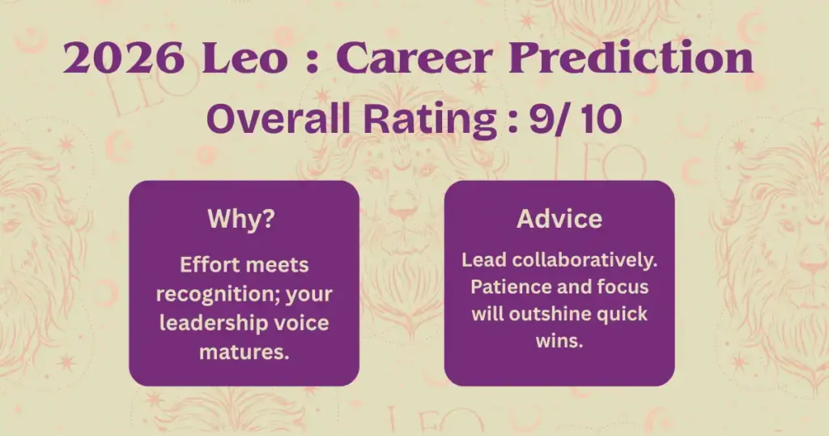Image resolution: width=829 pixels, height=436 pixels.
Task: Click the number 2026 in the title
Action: pos(124,58)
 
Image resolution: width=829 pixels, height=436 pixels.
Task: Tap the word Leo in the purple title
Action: pos(244,58)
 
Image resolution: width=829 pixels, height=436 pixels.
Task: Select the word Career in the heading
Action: pos(414,58)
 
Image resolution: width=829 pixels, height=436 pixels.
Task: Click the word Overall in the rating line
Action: pos(278,118)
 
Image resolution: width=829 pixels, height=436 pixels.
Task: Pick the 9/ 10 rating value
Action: pos(576,118)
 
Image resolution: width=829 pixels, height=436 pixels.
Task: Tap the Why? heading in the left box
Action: pos(241,219)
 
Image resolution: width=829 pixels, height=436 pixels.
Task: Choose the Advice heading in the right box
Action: pos(559,219)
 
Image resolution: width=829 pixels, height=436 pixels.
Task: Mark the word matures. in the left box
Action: pos(244,352)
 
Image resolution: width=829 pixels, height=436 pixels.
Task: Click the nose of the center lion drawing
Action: pos(403,212)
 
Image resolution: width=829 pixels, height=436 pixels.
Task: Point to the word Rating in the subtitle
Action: pos(429,119)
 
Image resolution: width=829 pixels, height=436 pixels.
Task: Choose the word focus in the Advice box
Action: pos(623,287)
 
